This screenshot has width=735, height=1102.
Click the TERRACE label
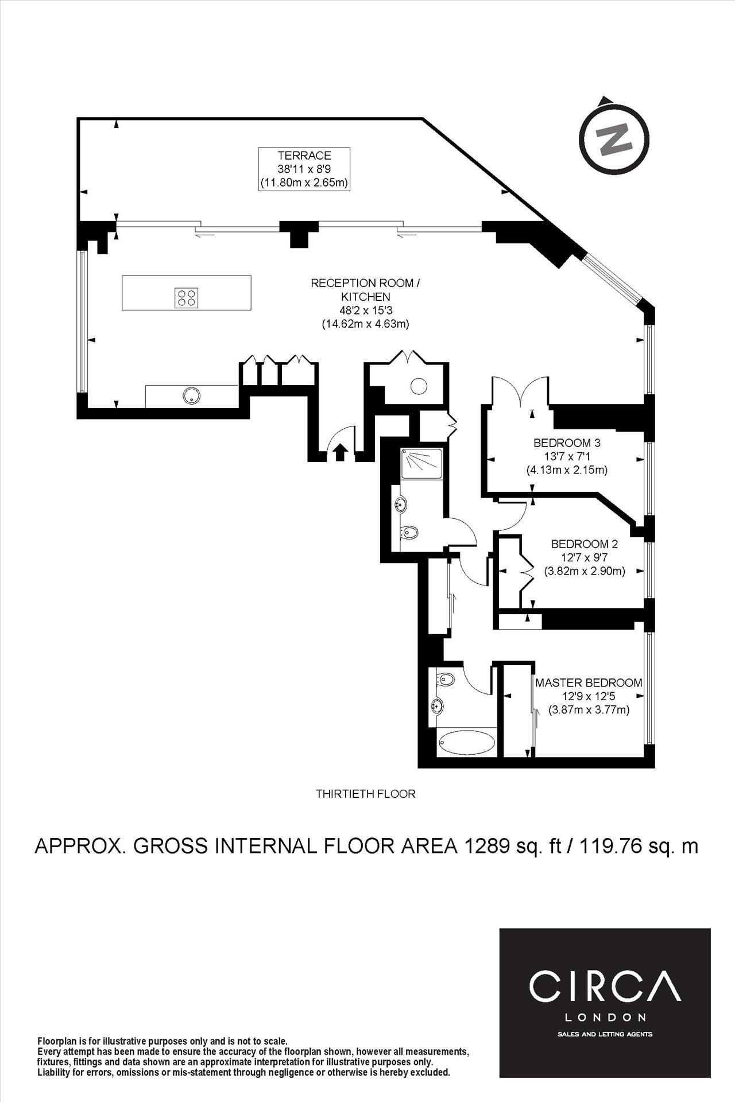304,156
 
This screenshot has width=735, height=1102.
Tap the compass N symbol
613,139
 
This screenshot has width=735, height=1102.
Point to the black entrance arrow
339,452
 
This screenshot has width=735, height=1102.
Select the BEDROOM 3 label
567,443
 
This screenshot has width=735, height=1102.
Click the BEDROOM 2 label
585,544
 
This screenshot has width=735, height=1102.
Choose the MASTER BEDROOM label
589,683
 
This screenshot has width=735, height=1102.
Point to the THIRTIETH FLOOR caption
365,794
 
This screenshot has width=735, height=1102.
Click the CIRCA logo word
605,985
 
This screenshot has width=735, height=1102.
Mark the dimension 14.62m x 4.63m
365,324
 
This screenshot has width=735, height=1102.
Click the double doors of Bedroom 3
520,390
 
